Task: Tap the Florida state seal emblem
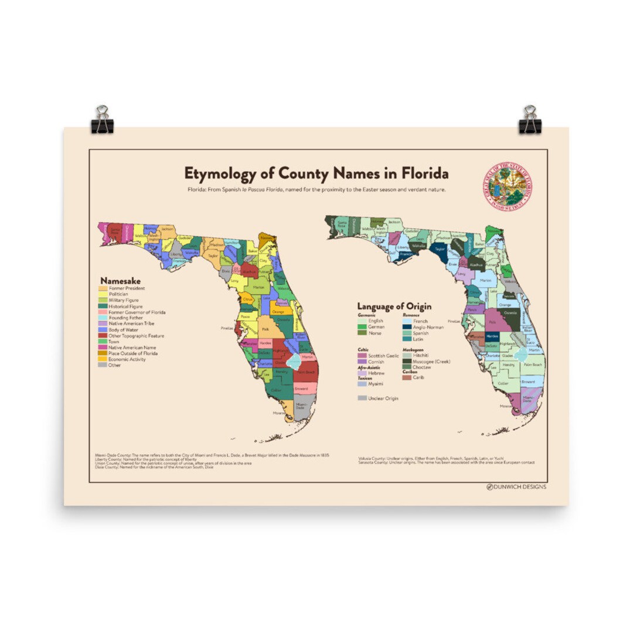click(508, 186)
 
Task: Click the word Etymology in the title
click(216, 174)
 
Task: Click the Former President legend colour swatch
click(103, 288)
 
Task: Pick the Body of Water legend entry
click(123, 330)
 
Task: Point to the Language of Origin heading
click(394, 307)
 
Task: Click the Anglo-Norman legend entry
click(428, 327)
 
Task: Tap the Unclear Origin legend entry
click(383, 399)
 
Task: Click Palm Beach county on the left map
click(306, 372)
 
